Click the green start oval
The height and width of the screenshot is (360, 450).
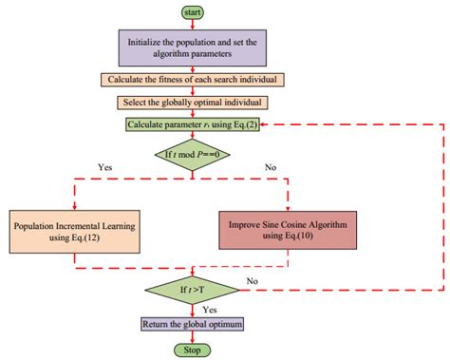193,12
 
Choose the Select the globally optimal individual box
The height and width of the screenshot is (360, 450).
193,102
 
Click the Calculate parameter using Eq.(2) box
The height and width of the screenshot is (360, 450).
193,123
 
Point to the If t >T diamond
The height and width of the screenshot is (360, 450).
193,286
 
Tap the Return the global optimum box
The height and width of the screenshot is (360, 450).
193,326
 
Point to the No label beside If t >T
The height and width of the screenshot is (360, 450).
252,281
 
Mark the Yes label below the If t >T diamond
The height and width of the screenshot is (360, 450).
212,309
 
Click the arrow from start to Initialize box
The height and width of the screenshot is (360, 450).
193,24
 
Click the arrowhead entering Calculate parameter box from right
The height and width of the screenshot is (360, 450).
263,123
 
